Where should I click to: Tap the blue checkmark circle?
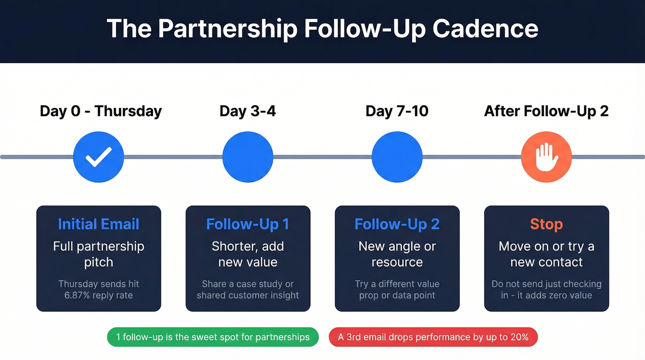99,157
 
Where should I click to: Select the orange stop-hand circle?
546,157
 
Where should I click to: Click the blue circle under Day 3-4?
248,157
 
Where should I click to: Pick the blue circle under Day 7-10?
397,157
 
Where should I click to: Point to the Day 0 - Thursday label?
101,111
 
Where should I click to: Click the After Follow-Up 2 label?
546,111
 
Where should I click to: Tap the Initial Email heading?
99,224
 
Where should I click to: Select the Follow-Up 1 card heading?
248,224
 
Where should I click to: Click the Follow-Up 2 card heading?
397,224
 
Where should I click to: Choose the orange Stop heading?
546,224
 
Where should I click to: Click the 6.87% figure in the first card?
77,295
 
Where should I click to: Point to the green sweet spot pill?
212,337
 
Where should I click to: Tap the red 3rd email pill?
433,337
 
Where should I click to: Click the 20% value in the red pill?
519,337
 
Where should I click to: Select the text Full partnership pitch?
99,254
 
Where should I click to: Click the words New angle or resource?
397,254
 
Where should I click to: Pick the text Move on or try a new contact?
546,254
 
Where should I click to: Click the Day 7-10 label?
397,111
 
